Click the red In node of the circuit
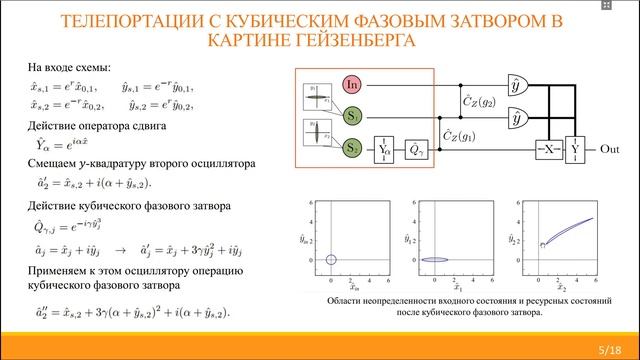coord(352,85)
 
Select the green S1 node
coord(352,117)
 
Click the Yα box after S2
coord(385,149)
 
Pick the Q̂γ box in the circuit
coord(416,149)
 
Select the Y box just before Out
coord(575,148)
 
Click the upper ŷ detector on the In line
coord(518,86)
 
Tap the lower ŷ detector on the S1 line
coord(518,118)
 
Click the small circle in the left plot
coord(330,261)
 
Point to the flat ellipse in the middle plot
coord(435,261)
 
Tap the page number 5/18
coord(608,347)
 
